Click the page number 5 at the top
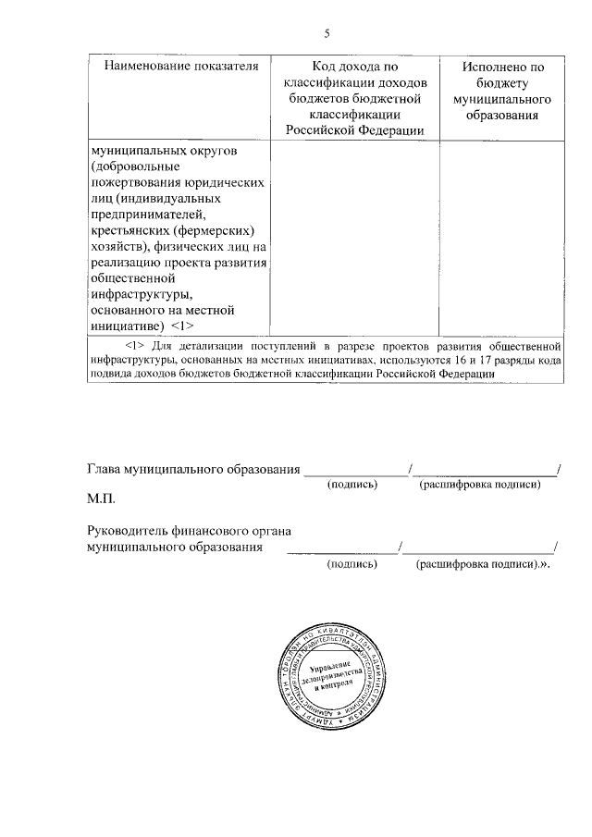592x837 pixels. pos(327,35)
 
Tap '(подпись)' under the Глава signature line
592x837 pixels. pos(353,484)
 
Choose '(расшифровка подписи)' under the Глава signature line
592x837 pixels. pos(478,484)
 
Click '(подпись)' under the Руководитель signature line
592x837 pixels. pos(351,562)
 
